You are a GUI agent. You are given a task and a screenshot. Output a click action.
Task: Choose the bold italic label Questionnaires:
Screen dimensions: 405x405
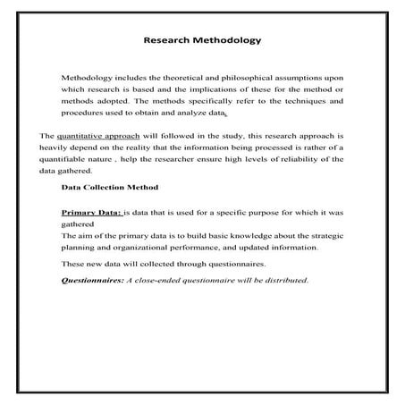[x=92, y=280]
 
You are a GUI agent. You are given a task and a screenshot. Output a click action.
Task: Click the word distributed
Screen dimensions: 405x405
[x=283, y=280]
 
